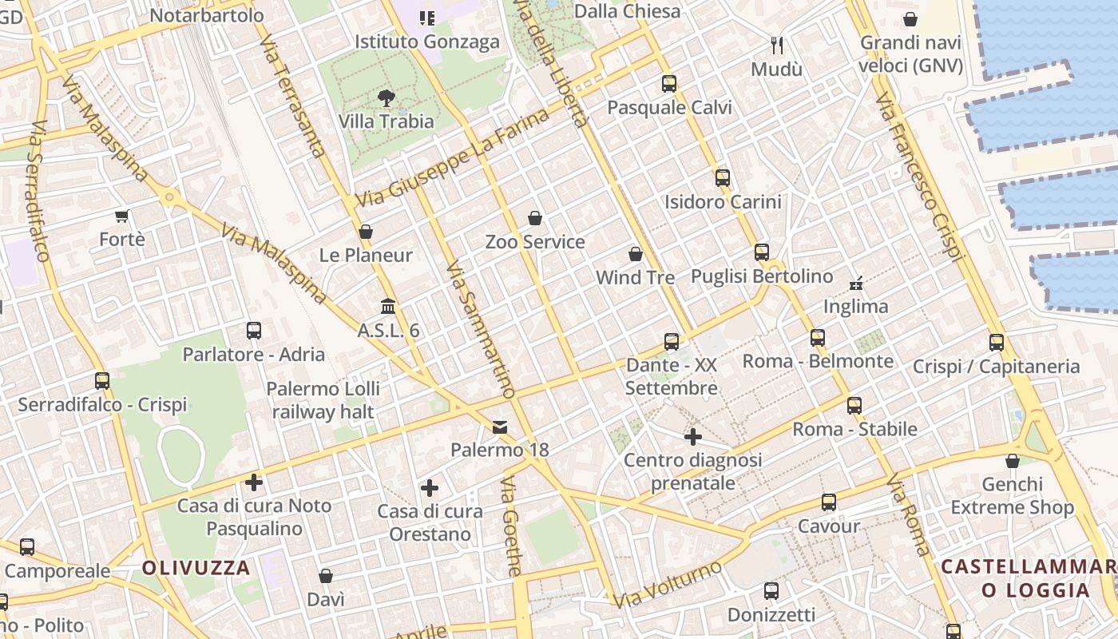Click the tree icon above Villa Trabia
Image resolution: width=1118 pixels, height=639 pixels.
click(387, 98)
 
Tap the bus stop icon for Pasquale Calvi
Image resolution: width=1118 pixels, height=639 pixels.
click(669, 84)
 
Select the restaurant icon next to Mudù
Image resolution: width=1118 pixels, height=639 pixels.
click(777, 46)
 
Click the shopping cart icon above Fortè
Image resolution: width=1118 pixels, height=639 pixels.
click(122, 216)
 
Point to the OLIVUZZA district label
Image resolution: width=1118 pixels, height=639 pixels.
click(196, 569)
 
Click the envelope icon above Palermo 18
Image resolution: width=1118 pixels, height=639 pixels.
click(500, 427)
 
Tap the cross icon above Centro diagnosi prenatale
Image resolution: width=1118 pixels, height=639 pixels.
click(693, 437)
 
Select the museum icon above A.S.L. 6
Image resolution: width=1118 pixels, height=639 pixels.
click(389, 307)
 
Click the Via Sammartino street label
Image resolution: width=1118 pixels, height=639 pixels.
click(480, 329)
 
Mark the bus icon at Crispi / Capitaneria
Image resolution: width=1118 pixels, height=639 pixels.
click(997, 343)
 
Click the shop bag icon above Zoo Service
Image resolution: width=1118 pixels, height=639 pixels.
click(535, 218)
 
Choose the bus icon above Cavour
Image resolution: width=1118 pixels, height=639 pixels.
click(829, 502)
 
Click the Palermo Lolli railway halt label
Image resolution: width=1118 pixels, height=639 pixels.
click(323, 400)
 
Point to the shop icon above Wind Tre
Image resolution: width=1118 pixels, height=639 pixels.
click(636, 254)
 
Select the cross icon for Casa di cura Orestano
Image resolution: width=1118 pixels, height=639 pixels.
click(430, 488)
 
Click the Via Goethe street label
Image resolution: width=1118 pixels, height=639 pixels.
click(511, 527)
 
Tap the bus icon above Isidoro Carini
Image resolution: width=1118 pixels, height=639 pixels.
click(723, 178)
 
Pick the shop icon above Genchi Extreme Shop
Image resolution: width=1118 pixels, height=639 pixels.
click(1013, 461)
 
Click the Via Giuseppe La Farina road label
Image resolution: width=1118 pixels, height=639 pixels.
click(453, 158)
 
